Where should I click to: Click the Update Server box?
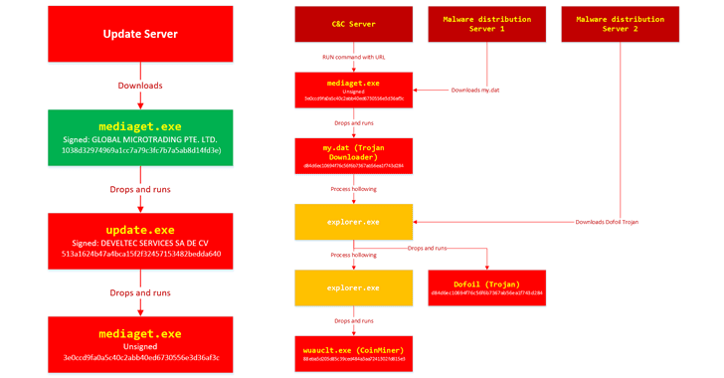tap(141, 35)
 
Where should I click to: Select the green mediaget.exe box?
tap(141, 137)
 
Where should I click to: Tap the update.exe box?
tap(141, 241)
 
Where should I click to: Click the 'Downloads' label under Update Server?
tap(140, 87)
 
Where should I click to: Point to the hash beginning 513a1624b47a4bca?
tap(141, 254)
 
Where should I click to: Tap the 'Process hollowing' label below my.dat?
tap(353, 188)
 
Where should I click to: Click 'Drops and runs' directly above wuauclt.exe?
tap(353, 321)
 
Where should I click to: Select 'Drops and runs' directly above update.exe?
tap(140, 189)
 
